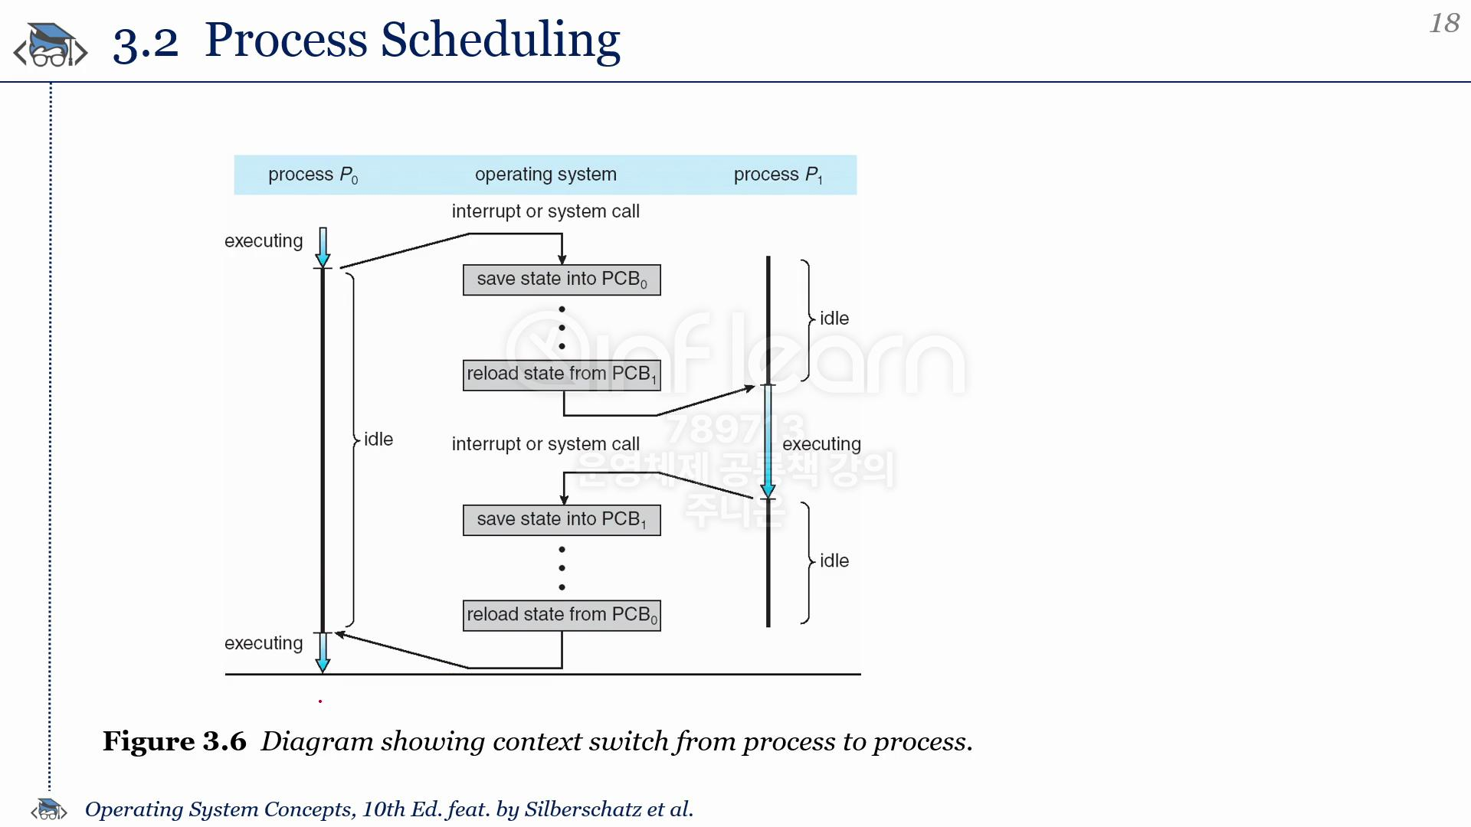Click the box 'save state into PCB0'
(562, 279)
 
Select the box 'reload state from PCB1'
(562, 374)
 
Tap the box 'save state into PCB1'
(562, 520)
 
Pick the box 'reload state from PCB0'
(562, 615)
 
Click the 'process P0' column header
(313, 175)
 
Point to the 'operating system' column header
(545, 175)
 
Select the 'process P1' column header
(778, 175)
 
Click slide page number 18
(1444, 23)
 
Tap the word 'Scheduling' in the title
(500, 40)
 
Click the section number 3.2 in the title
(146, 43)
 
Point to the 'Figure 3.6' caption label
(175, 741)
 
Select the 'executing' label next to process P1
(821, 444)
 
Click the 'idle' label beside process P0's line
(378, 440)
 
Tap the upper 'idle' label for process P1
(834, 319)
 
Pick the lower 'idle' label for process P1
(834, 561)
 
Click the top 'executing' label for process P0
(264, 241)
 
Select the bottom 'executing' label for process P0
(264, 643)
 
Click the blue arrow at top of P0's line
(323, 247)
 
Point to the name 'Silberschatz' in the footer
(582, 809)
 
